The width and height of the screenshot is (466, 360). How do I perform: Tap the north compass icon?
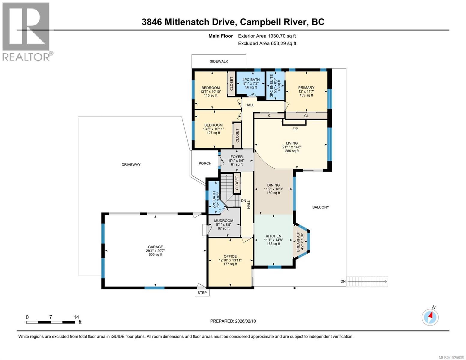click(430, 316)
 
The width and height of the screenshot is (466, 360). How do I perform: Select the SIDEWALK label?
click(219, 61)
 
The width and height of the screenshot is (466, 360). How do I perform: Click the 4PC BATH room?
click(251, 83)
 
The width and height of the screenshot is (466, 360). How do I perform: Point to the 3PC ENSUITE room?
click(275, 85)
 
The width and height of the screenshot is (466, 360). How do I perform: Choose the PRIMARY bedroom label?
click(306, 88)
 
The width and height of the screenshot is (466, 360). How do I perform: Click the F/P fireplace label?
click(295, 129)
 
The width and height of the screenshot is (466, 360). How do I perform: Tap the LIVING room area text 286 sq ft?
click(292, 151)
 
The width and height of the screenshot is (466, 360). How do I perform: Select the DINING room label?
click(273, 185)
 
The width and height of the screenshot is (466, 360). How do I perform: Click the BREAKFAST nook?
click(300, 242)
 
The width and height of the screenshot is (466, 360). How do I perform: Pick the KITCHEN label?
click(273, 236)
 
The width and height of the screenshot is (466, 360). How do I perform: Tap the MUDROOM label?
click(224, 221)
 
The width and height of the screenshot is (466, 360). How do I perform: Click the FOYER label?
click(237, 157)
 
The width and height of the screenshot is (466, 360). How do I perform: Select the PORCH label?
click(205, 163)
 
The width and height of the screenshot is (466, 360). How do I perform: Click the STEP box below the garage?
click(202, 292)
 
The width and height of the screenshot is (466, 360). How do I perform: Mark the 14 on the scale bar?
click(76, 317)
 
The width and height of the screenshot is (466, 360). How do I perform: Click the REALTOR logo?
click(26, 31)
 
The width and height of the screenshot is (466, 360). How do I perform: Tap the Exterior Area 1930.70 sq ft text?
click(267, 36)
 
